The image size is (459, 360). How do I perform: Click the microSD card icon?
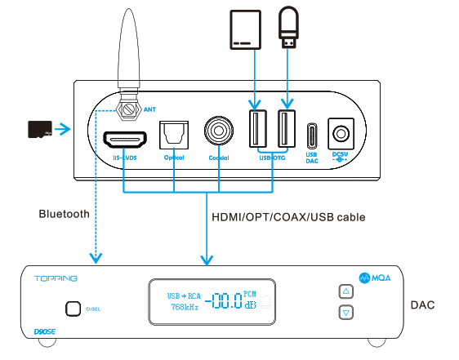tap(40, 129)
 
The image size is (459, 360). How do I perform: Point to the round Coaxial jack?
tap(219, 130)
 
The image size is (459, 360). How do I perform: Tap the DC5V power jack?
tap(339, 132)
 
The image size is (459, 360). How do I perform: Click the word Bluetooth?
tap(64, 214)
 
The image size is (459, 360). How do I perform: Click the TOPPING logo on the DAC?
tap(56, 278)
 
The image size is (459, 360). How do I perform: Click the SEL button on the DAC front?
tap(73, 309)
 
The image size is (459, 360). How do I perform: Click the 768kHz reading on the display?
tap(184, 308)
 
